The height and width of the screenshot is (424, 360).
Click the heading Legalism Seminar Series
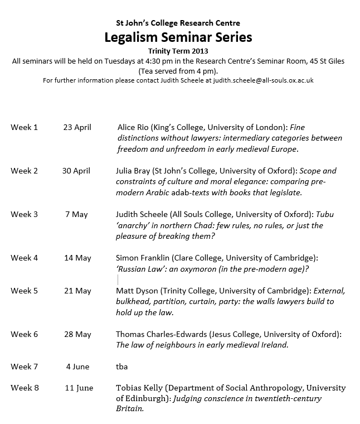[x=178, y=38]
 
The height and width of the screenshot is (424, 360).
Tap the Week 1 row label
[x=24, y=127]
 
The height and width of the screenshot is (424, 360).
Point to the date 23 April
[x=77, y=127]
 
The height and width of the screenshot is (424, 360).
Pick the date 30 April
[x=77, y=171]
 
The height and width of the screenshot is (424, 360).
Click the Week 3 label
[x=24, y=214]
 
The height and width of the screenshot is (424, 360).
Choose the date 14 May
[x=77, y=258]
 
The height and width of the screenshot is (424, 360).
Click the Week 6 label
[x=24, y=334]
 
